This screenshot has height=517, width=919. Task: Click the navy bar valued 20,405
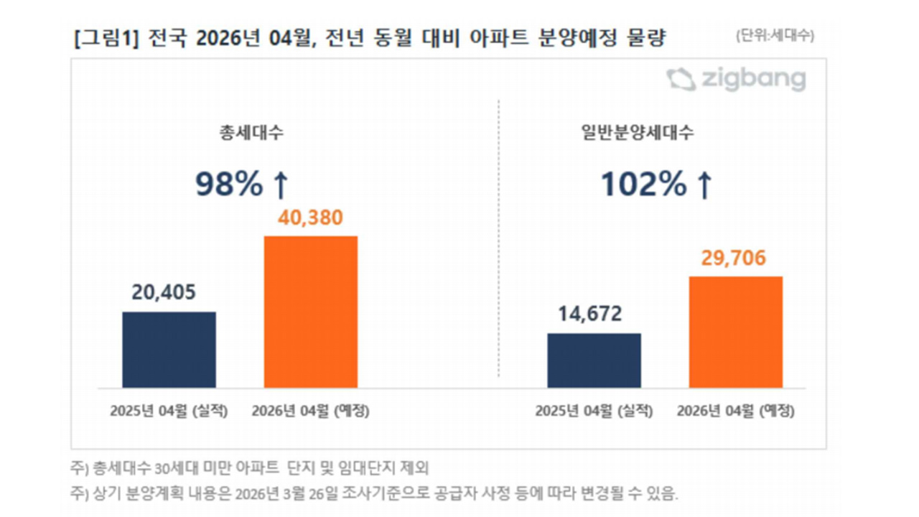pos(169,350)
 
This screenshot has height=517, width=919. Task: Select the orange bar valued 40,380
pos(310,312)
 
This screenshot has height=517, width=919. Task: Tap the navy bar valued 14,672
pos(594,360)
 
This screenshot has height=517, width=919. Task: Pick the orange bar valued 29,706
pos(735,332)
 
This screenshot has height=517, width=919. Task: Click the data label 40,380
pos(310,217)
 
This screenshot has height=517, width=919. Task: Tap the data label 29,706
pos(732,257)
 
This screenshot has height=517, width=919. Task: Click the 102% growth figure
pos(643,185)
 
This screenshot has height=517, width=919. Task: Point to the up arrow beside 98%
pos(281,186)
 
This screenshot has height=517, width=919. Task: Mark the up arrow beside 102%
pos(704,186)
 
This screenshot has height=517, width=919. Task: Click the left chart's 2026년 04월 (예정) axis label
pos(310,411)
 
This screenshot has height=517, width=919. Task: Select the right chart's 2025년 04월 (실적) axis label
pos(594,411)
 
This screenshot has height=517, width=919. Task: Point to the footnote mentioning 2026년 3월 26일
pos(373,494)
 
